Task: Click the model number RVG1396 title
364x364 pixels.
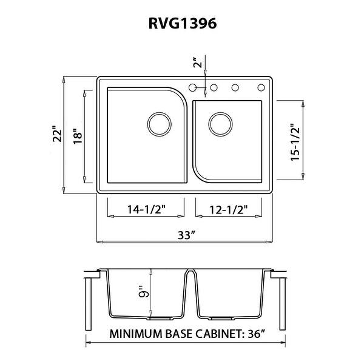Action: click(183, 24)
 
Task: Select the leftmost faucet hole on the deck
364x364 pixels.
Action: click(194, 87)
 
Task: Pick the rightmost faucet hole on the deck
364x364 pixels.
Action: click(261, 87)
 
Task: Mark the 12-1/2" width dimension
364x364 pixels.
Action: click(229, 211)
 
